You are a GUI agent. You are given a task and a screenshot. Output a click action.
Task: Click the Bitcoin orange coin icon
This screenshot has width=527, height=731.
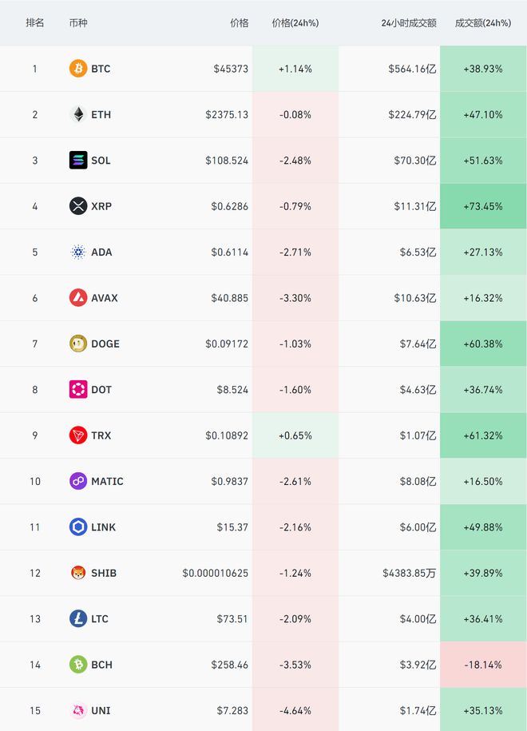pos(77,69)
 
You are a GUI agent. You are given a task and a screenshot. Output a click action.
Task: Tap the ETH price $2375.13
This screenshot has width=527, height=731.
pos(227,114)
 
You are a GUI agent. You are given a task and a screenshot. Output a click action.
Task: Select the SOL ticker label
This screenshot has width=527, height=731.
pos(101,161)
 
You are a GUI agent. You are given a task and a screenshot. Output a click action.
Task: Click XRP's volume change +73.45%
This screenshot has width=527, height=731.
pos(483,206)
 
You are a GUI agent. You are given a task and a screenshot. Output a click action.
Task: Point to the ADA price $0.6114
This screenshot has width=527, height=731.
pos(230,252)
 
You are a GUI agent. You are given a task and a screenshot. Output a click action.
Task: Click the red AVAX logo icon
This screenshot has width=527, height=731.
pos(77,298)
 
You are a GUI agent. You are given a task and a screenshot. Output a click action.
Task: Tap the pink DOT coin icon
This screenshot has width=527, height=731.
pos(77,390)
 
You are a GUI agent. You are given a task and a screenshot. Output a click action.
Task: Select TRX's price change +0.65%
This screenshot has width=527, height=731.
pos(295,435)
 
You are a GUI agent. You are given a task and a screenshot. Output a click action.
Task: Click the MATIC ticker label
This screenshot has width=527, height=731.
pos(108,482)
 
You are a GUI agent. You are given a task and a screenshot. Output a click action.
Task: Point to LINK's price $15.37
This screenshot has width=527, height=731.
pos(232,527)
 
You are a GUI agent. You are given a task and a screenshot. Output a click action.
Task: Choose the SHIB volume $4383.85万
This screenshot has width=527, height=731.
pos(410,573)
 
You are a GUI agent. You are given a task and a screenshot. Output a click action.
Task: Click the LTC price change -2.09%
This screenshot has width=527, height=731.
pos(295,619)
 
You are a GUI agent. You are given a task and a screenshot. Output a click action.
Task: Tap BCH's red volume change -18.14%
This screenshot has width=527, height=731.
pos(483,665)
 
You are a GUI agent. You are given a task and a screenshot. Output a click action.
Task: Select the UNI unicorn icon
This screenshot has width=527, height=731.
pos(77,710)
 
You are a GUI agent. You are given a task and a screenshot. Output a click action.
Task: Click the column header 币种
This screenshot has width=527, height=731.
pos(78,23)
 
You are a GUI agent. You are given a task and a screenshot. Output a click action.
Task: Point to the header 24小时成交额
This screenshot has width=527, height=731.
pos(409,23)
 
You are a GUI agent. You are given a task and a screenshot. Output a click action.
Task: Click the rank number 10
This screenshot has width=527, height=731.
pos(35,482)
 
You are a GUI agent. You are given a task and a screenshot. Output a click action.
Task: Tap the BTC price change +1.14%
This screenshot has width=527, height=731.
pos(295,69)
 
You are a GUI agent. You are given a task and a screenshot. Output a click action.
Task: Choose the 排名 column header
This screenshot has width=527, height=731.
pos(35,23)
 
